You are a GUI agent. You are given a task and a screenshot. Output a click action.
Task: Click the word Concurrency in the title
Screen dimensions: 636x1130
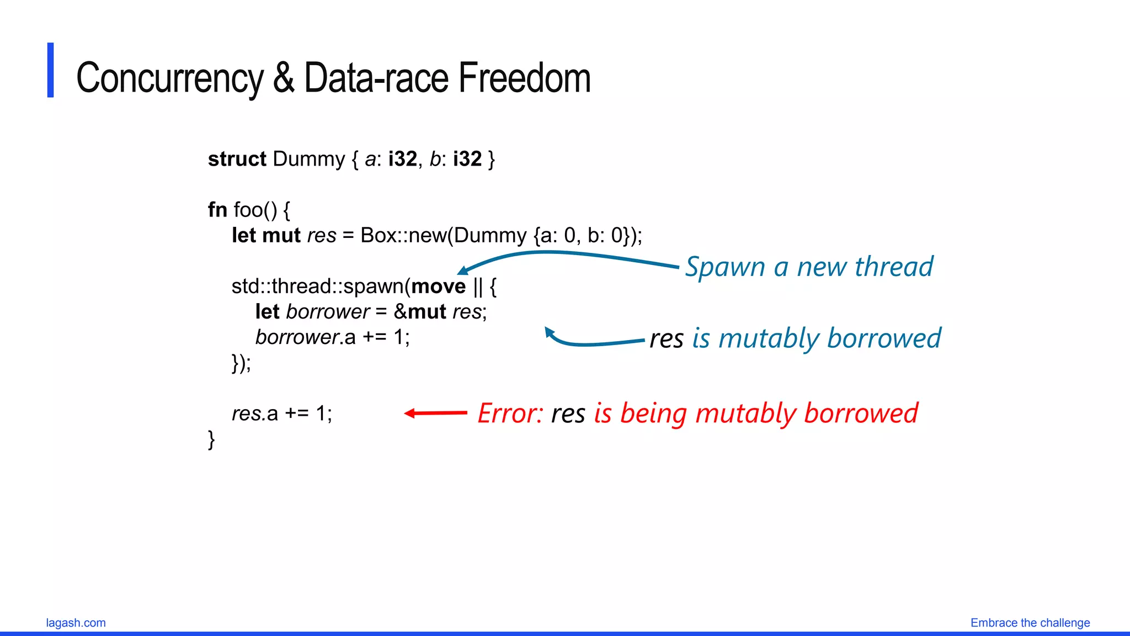(169, 78)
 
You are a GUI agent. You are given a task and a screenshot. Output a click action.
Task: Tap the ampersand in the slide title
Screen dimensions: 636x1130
(284, 78)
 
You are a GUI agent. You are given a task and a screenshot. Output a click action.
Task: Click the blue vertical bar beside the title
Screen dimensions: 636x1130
(51, 70)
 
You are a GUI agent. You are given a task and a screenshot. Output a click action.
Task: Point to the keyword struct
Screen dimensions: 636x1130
(237, 159)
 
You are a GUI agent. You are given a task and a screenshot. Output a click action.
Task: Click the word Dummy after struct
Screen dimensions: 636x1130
(308, 159)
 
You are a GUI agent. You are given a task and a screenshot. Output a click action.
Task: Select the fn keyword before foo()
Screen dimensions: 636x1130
(217, 210)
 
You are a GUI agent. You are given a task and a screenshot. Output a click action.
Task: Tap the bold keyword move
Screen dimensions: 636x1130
(439, 286)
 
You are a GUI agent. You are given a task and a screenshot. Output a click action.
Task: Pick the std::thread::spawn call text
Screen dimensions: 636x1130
(318, 286)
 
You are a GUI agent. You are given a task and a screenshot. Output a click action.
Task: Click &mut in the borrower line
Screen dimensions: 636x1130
(420, 311)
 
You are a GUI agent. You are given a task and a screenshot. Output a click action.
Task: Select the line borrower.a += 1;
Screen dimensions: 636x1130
(332, 337)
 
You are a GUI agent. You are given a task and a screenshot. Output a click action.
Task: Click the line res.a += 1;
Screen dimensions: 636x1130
(282, 413)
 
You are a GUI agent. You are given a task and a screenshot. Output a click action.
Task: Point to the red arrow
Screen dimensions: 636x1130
(436, 413)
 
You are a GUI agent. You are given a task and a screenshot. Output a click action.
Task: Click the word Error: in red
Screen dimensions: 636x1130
(510, 413)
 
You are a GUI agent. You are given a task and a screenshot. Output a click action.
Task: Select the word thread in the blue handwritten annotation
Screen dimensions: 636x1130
(894, 267)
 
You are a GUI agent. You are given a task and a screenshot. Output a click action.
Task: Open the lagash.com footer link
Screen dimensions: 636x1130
(76, 623)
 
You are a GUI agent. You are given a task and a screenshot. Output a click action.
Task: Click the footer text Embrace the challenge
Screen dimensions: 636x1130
(1030, 623)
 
